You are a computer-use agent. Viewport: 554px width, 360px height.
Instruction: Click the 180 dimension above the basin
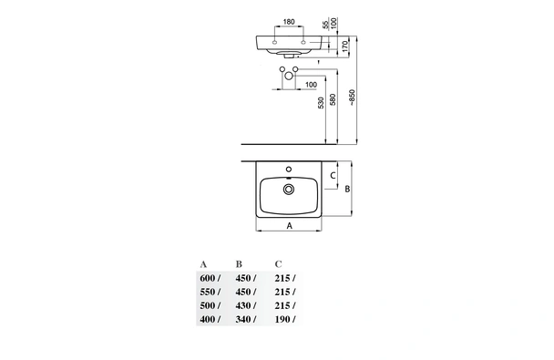(x=289, y=22)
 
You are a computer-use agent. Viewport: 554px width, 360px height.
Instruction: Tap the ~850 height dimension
(x=352, y=98)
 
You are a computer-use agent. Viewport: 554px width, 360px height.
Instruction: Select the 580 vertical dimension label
(x=333, y=99)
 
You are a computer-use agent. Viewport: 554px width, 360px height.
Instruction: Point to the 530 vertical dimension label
(x=321, y=103)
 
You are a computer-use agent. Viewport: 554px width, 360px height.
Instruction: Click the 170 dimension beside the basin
(x=345, y=46)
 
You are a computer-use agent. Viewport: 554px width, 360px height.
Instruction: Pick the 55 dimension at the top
(x=326, y=25)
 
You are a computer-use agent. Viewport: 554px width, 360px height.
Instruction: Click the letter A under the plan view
(x=290, y=225)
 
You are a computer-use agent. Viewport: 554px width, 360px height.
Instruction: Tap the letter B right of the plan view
(x=347, y=189)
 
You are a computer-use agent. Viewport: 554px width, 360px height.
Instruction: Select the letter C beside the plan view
(x=333, y=175)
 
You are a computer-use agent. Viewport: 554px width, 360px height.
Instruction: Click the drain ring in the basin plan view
(x=289, y=190)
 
